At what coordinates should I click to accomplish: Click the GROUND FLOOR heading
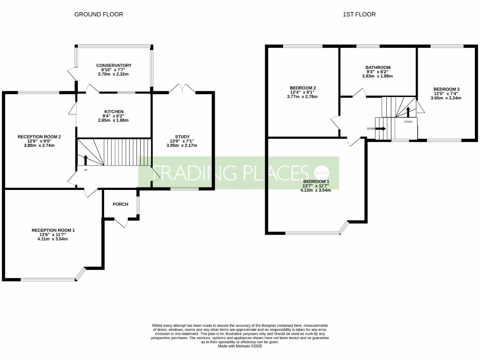tap(98, 15)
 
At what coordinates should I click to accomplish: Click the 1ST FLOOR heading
tap(359, 15)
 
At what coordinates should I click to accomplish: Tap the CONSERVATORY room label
tap(114, 66)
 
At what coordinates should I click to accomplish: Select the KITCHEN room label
tap(114, 112)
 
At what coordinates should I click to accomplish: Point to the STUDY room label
tap(182, 136)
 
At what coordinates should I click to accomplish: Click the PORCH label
tap(120, 204)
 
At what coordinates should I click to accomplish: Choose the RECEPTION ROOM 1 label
tap(53, 230)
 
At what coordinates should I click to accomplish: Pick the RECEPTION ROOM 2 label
tap(39, 136)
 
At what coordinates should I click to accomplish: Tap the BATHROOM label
tap(377, 67)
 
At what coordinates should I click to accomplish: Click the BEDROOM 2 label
tap(302, 88)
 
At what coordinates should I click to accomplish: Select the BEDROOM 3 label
tap(446, 89)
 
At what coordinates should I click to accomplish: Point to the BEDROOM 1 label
tap(316, 181)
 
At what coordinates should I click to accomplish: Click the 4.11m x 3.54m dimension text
tap(52, 239)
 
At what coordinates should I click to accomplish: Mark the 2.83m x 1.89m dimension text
tap(377, 76)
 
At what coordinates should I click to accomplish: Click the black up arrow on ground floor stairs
tap(85, 160)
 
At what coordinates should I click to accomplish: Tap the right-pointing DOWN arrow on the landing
tap(380, 128)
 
